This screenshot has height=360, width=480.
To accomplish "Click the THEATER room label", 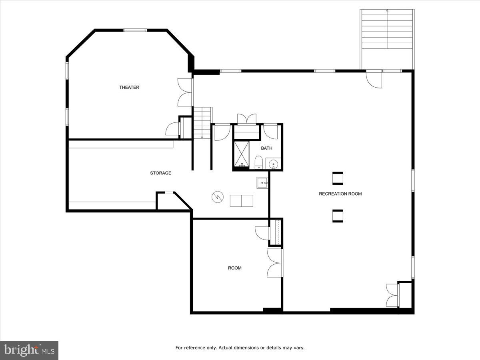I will pos(129,87).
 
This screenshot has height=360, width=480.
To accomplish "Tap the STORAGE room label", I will pos(160,173).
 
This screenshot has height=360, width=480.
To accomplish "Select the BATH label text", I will pos(266,148).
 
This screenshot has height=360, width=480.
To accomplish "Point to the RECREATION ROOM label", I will pos(340,194).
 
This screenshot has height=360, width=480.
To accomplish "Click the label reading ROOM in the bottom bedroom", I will pos(235,268).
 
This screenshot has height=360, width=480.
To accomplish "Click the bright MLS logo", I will pos(29,350).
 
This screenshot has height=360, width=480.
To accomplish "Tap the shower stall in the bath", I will pos(241,154).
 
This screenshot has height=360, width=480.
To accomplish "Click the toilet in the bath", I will pos(258,162).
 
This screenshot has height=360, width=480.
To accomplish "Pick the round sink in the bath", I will pos(274,163).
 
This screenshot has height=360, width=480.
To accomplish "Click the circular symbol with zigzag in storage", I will pos(217,196).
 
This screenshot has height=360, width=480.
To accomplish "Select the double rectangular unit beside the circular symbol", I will pos(241,201).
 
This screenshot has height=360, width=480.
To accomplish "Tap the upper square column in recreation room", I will pos(338,178).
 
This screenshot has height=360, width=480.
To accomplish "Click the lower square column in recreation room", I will pos(338,216).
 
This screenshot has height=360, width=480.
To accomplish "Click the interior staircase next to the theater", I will pos(202,122).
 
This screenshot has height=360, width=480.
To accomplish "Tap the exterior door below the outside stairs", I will pos(375,79).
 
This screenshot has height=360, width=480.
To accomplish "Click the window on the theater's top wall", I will pos(135,30).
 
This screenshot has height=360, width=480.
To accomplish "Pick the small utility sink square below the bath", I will pos(262,183).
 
